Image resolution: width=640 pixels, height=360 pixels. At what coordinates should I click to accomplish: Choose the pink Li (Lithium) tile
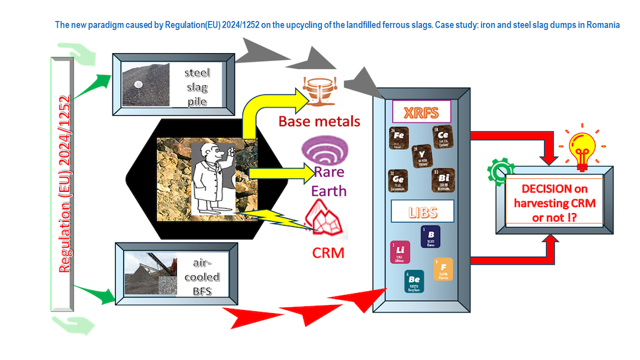(400, 251)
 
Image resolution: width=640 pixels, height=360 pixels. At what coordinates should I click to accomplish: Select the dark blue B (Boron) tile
(431, 236)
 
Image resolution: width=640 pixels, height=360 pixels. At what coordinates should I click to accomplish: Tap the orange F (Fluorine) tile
(443, 269)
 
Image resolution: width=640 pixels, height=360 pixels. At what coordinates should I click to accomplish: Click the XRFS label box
(421, 112)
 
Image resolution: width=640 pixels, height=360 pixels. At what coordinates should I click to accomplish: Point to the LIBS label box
(421, 211)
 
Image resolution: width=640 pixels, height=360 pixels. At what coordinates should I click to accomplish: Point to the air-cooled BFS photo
(149, 274)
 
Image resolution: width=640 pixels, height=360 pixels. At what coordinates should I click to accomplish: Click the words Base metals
(319, 121)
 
